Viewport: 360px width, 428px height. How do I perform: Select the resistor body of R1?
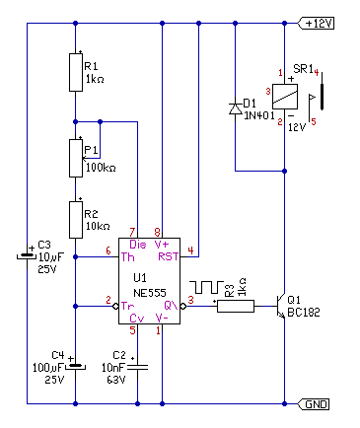(76, 72)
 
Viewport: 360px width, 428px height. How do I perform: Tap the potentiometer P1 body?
(76, 158)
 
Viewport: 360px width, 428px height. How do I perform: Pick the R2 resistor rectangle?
(76, 220)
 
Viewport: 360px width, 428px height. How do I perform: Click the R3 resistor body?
(236, 306)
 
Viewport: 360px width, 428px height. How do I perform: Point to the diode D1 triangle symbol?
(236, 108)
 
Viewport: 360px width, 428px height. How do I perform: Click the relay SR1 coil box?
(285, 97)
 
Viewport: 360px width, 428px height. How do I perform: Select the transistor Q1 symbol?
(281, 306)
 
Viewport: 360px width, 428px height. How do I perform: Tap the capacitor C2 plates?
(137, 367)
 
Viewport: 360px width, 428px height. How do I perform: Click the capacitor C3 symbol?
(27, 255)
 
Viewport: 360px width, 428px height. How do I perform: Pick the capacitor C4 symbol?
(76, 366)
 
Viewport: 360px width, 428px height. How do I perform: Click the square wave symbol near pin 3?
(206, 287)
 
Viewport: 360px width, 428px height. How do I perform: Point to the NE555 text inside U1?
(150, 293)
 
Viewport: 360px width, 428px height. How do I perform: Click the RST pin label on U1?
(168, 256)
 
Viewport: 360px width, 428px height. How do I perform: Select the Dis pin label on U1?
(138, 245)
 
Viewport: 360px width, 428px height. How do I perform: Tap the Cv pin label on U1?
(137, 319)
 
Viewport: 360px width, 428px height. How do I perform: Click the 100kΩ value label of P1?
(101, 168)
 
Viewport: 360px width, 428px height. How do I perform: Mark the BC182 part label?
(304, 313)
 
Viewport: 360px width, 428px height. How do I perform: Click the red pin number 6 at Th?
(108, 250)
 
